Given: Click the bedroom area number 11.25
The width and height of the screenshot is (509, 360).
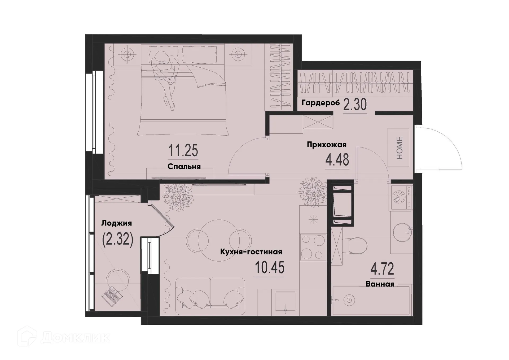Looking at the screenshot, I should pyautogui.click(x=183, y=151).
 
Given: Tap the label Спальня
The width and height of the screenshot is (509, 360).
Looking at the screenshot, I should pyautogui.click(x=184, y=167).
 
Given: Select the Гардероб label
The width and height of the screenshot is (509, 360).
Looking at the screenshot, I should pyautogui.click(x=320, y=103).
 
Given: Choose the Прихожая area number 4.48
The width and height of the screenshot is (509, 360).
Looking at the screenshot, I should pyautogui.click(x=337, y=160).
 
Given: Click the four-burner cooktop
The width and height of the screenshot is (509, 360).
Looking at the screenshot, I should pyautogui.click(x=313, y=247).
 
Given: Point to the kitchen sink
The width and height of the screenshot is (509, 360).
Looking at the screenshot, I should pyautogui.click(x=285, y=301).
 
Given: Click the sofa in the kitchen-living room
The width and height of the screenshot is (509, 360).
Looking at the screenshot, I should pyautogui.click(x=210, y=296).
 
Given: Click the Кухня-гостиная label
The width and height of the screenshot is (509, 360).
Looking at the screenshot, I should pyautogui.click(x=251, y=252).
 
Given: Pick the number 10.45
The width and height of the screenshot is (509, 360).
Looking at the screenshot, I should pyautogui.click(x=269, y=267).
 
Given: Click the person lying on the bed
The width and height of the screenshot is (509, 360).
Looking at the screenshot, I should pyautogui.click(x=164, y=77).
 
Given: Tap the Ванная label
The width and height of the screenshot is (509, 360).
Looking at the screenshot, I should pyautogui.click(x=380, y=284).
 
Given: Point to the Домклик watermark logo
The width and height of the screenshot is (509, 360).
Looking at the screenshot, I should pyautogui.click(x=64, y=337).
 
